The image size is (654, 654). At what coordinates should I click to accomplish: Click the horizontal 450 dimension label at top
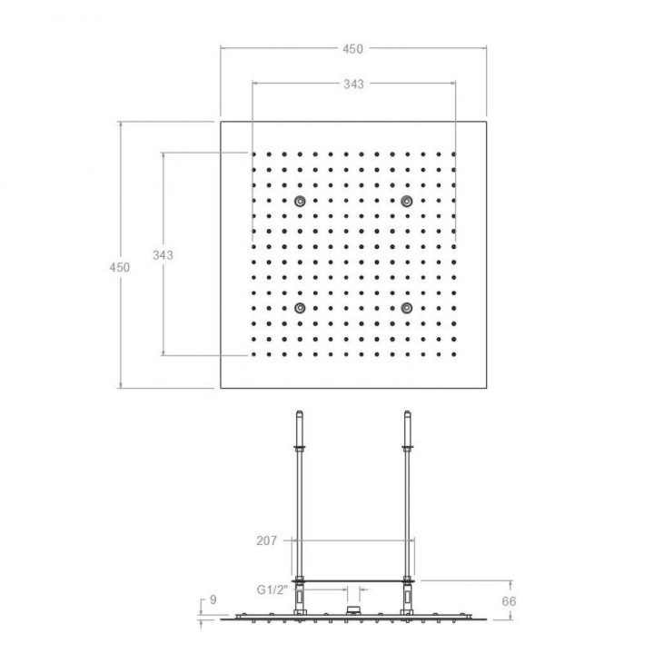click(x=352, y=49)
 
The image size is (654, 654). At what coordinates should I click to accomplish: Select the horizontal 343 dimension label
click(x=353, y=84)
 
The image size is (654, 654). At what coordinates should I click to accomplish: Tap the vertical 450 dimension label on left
click(x=120, y=267)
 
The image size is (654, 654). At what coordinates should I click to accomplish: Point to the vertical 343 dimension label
click(x=163, y=255)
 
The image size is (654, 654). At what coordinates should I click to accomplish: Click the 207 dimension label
click(x=266, y=541)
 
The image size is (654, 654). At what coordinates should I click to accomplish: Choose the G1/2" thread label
click(x=272, y=590)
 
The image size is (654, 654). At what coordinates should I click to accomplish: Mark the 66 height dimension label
click(x=509, y=601)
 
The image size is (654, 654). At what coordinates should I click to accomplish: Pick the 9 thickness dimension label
click(x=213, y=599)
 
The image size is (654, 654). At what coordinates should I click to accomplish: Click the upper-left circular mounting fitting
click(x=300, y=202)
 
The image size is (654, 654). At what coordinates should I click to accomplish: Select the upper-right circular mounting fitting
click(x=407, y=202)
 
